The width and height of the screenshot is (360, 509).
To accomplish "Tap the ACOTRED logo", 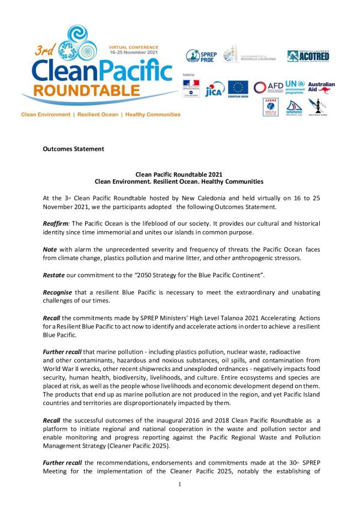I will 308,56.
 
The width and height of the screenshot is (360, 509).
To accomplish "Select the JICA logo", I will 214,89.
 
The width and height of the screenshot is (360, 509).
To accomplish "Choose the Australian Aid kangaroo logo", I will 325,87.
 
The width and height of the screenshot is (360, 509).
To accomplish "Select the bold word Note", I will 50,248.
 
